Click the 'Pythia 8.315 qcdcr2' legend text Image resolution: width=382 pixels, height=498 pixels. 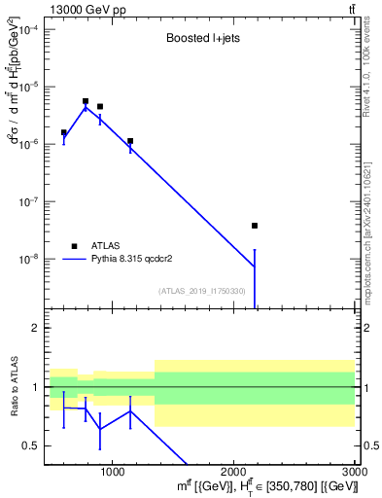(132, 260)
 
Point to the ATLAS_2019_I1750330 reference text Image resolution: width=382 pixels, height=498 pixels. (201, 291)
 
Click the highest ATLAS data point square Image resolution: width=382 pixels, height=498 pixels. (86, 101)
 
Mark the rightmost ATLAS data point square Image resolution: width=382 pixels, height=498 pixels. (255, 226)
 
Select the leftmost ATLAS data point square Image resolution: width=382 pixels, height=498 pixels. (64, 132)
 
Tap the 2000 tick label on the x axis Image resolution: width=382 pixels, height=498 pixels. (233, 472)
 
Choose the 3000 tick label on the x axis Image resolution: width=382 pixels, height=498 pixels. (354, 472)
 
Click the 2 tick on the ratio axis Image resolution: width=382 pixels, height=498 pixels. (35, 328)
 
